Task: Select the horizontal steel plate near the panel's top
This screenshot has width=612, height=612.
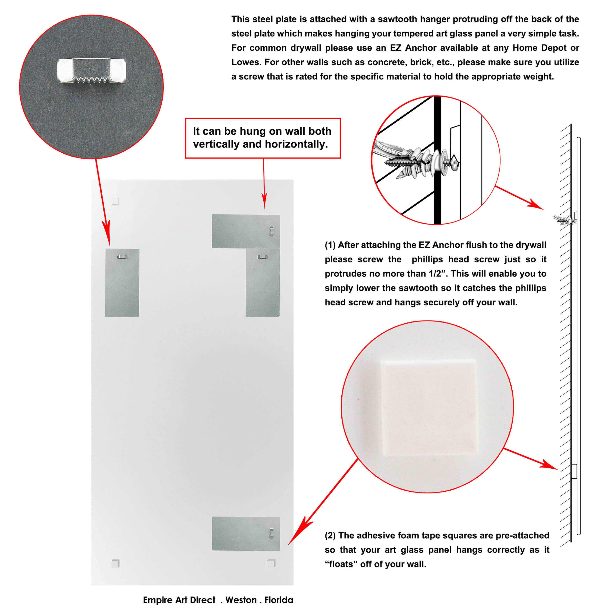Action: [x=246, y=231]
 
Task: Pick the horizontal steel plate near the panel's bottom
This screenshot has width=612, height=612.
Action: [x=246, y=534]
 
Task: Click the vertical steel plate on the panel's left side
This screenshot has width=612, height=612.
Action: [x=122, y=283]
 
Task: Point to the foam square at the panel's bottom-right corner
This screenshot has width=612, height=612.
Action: [x=271, y=563]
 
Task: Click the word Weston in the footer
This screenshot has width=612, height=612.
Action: [x=241, y=600]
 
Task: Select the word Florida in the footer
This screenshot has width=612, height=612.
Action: [x=279, y=600]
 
